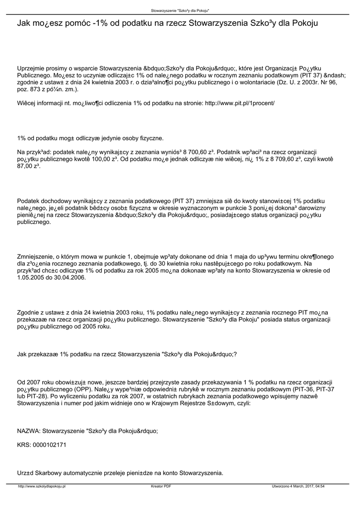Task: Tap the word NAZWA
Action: click(28, 431)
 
